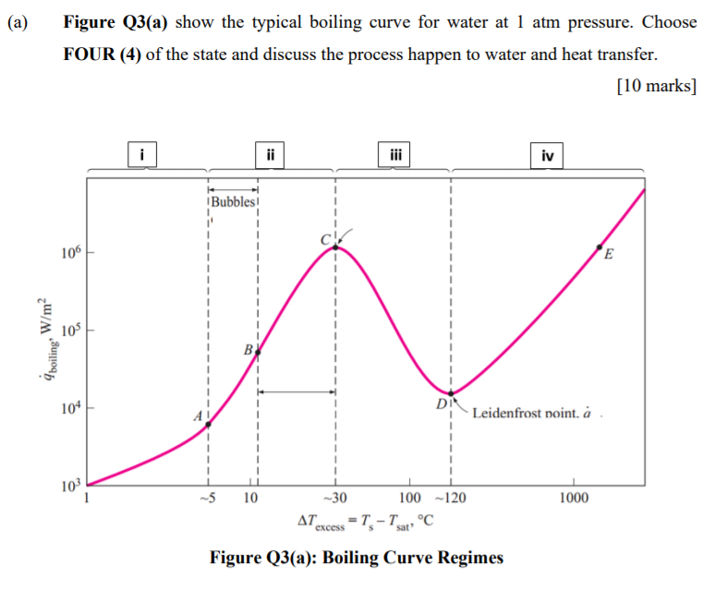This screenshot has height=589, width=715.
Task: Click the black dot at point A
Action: point(208,424)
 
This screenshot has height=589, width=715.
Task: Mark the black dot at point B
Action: point(258,352)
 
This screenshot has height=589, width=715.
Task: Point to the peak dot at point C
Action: point(335,246)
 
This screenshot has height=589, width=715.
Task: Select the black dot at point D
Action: point(451,394)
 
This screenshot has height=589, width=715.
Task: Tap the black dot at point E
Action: point(600,247)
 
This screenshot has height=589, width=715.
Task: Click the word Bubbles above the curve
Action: point(234,202)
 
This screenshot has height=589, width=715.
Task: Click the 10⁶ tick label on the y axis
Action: point(68,251)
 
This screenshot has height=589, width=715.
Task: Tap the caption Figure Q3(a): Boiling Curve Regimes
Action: point(357,557)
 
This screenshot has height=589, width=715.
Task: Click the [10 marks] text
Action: point(654,86)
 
